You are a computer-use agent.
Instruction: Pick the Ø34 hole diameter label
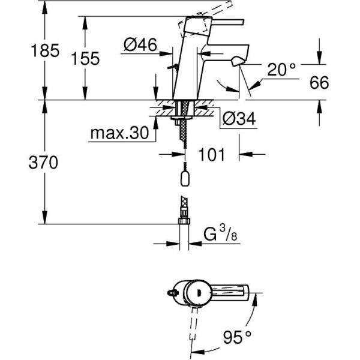tap(238, 119)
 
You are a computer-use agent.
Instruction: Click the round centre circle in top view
tap(194, 293)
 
